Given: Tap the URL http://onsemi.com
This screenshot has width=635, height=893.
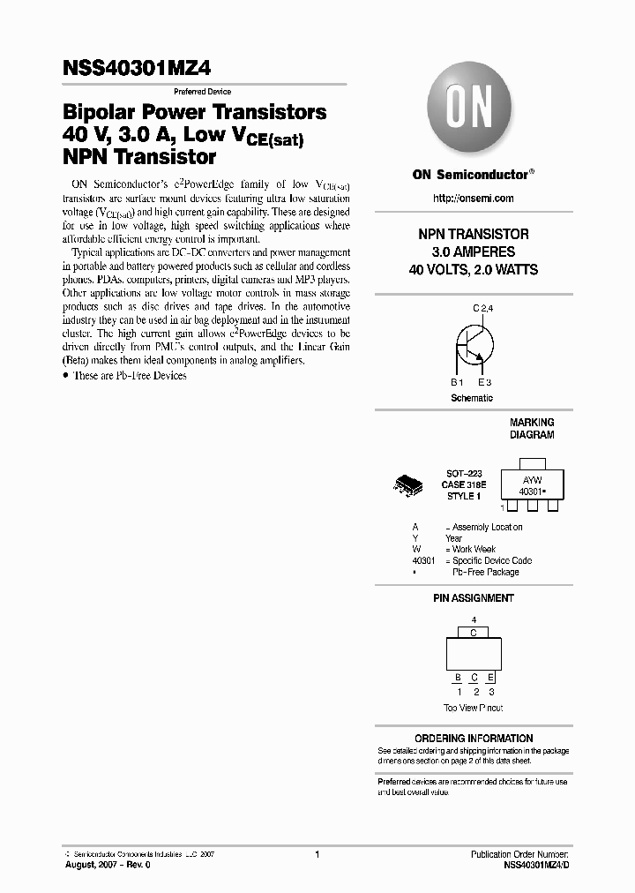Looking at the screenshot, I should (472, 199).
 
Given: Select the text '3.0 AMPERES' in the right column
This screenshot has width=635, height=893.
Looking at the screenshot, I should (473, 252).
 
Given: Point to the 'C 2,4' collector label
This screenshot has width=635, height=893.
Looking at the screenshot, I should (483, 308).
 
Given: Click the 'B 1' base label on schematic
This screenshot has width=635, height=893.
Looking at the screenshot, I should (457, 383).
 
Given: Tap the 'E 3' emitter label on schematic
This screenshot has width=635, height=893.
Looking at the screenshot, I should (484, 383).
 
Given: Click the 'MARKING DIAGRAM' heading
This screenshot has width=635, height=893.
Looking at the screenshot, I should (532, 429).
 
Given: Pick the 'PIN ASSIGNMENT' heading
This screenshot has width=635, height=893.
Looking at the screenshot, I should (473, 598).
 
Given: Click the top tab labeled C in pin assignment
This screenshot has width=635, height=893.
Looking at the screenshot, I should (474, 633).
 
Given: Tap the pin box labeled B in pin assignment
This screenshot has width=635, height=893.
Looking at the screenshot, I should (457, 678).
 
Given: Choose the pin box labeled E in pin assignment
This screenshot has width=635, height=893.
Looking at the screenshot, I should (491, 678).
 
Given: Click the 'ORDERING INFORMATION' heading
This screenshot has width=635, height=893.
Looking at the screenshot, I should (474, 739).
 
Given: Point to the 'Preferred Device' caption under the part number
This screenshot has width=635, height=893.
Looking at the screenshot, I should (201, 92).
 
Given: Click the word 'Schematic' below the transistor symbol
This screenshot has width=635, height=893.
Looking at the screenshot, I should (472, 398).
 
